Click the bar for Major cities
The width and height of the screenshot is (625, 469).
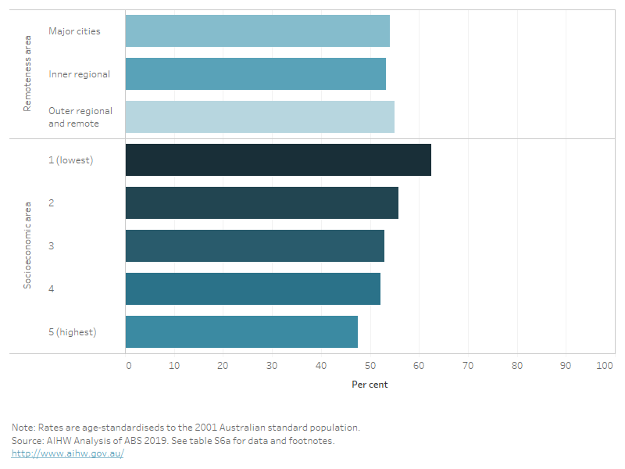257,31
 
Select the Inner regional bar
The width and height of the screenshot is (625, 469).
255,74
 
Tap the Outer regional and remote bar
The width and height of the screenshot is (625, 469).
259,116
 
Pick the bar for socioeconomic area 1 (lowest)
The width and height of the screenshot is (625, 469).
278,159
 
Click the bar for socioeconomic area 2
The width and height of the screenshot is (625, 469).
262,202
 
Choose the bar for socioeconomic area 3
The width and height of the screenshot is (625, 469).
255,245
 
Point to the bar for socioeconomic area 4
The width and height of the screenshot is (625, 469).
252,288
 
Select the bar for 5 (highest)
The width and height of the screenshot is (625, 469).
241,331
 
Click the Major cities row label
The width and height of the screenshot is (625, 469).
74,31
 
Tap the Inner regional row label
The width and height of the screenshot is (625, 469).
79,74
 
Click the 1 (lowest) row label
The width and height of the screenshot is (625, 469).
70,160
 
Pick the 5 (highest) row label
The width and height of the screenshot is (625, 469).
72,331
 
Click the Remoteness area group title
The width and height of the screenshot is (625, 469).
27,74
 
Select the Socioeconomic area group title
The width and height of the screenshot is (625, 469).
27,245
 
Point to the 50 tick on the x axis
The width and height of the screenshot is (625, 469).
370,365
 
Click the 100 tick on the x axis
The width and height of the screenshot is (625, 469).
605,365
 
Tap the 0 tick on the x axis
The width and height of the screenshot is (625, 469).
128,365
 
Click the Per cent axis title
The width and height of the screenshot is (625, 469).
370,385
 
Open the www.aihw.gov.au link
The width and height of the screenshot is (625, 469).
68,454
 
